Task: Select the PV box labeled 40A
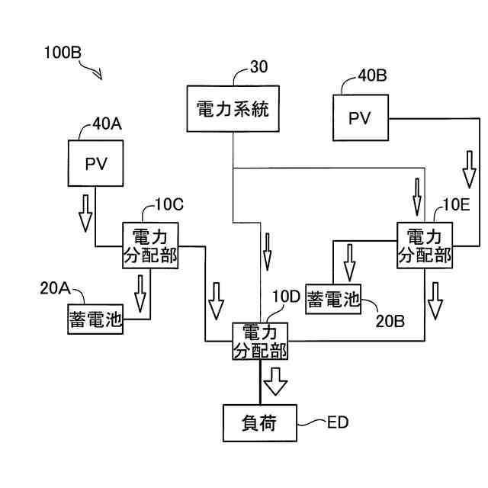[95, 163]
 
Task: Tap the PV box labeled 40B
[359, 117]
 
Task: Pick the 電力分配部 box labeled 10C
[150, 245]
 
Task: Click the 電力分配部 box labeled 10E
[424, 244]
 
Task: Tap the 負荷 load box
[258, 420]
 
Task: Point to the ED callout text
[337, 422]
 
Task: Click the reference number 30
[259, 66]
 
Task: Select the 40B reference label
[372, 75]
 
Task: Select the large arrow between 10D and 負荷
[274, 378]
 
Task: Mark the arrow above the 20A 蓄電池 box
[140, 293]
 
